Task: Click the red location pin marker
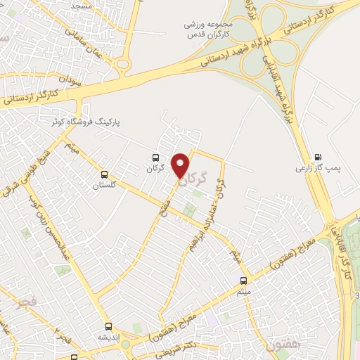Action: (182, 165)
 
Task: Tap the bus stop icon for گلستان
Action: (105, 174)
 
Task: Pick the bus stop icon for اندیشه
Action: (108, 326)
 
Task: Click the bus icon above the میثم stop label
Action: (243, 280)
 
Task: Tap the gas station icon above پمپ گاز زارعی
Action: (318, 157)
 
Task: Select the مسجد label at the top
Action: (82, 5)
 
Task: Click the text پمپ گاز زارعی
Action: (312, 169)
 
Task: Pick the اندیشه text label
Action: (108, 337)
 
